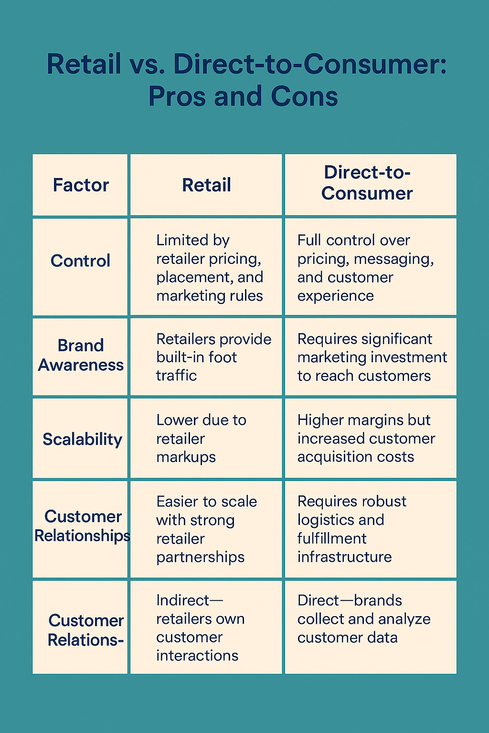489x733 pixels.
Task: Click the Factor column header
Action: (81, 185)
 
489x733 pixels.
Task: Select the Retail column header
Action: (206, 185)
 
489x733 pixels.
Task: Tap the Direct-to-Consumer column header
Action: (367, 183)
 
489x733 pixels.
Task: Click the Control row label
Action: (80, 261)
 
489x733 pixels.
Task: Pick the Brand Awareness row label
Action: (81, 355)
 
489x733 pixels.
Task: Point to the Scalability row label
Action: (82, 439)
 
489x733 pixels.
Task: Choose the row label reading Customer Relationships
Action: (83, 526)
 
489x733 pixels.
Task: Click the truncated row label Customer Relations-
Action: (85, 630)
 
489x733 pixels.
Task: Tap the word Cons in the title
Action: (304, 96)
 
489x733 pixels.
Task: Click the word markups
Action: (186, 457)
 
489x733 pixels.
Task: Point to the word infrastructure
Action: (344, 557)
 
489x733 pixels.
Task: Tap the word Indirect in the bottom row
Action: (183, 600)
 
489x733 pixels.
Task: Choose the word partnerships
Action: (200, 557)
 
